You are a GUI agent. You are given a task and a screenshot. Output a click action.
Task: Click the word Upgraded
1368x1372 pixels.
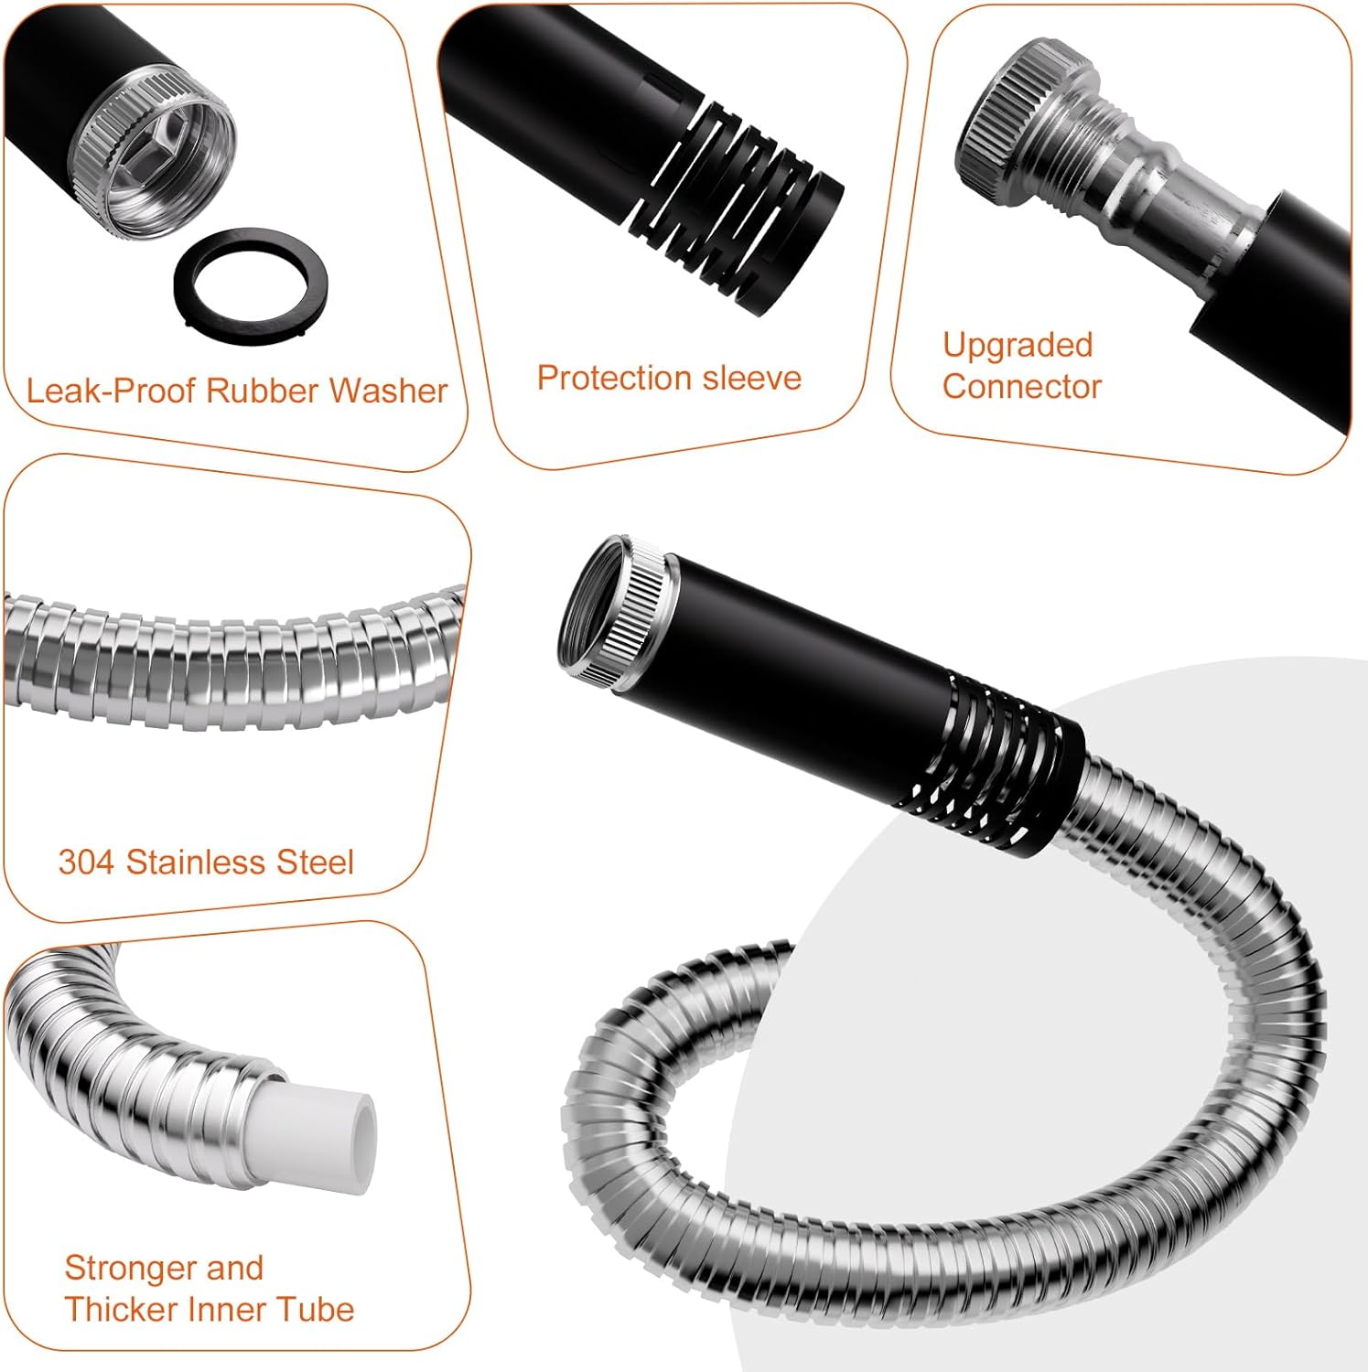pyautogui.click(x=1018, y=346)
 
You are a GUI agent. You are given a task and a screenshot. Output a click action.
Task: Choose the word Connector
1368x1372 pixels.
pyautogui.click(x=1021, y=386)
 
